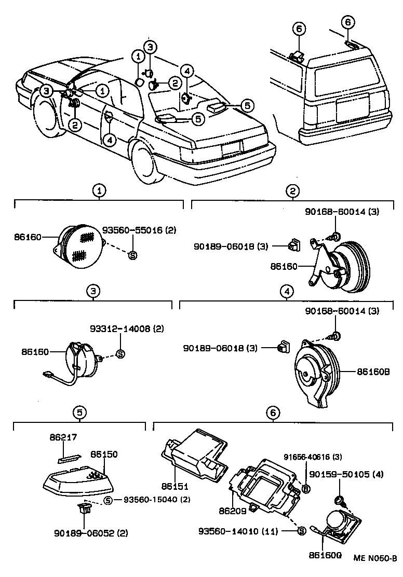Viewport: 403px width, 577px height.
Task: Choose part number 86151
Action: tap(174, 487)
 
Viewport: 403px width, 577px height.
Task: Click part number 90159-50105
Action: tap(347, 475)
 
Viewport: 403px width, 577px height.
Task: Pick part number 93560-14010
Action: tap(239, 531)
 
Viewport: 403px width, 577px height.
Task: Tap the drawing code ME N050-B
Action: tap(375, 558)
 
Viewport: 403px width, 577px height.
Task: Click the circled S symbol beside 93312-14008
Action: tap(120, 354)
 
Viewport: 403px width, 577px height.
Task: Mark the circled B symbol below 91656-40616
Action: tap(306, 488)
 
